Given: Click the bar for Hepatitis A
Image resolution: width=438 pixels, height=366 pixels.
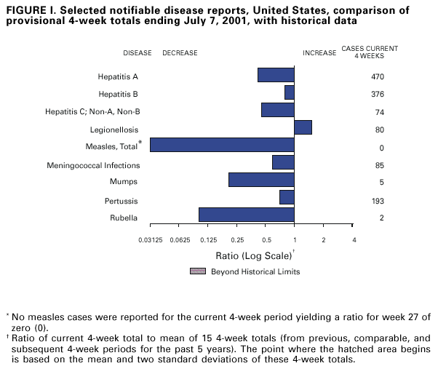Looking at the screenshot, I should [x=276, y=75].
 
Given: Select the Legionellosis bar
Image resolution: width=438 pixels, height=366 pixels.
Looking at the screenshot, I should [x=303, y=127].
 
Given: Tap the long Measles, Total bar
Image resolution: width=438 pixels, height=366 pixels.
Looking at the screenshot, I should [x=222, y=145].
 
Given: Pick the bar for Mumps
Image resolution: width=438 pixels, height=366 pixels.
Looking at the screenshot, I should [x=261, y=180].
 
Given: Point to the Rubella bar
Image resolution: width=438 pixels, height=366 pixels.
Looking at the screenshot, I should [x=246, y=215].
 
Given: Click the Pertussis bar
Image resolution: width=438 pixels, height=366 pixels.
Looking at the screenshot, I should [x=287, y=197].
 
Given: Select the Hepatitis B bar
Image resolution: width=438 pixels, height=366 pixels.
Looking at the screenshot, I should [x=289, y=92].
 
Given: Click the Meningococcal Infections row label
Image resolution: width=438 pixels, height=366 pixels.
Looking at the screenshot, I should [x=92, y=165].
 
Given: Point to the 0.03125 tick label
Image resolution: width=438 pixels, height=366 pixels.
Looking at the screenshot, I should [x=151, y=239].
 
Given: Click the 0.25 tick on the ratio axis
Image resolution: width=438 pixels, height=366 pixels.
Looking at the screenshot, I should [x=237, y=239].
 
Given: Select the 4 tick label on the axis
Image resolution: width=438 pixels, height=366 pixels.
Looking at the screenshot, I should [x=354, y=239].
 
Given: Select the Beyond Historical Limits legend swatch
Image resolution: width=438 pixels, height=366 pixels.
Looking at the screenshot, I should [x=197, y=271].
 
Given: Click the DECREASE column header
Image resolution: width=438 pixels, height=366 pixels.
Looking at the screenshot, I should [x=180, y=53].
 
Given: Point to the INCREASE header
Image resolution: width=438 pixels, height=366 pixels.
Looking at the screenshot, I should [x=319, y=53].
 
